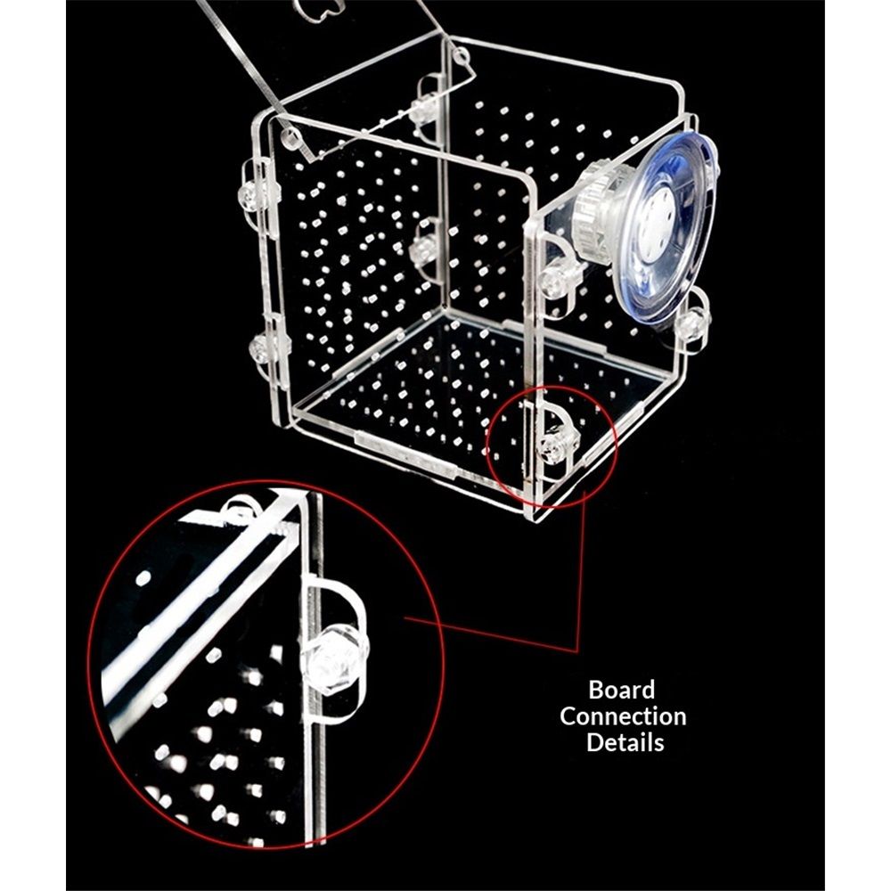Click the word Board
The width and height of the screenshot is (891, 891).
pos(622,690)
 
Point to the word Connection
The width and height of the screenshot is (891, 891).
pos(623,716)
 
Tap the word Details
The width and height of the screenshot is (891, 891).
pos(625,743)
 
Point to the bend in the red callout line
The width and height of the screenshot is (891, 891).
pos(577,651)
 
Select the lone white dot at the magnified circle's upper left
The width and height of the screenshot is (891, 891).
pos(143,578)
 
